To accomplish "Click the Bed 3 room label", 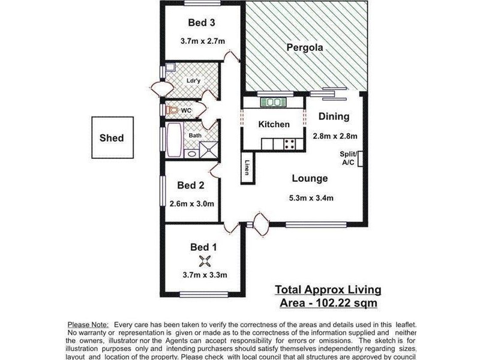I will [x=202, y=23].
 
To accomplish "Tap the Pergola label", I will [x=305, y=47].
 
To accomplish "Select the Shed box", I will [x=112, y=138].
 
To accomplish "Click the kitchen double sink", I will [x=274, y=103].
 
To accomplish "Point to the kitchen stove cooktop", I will [x=289, y=144].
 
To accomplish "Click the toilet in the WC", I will [x=173, y=110].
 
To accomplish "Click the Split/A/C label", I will [x=349, y=158].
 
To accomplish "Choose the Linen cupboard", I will [x=247, y=169].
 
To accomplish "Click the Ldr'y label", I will [x=193, y=80].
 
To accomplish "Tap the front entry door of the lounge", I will [x=262, y=226].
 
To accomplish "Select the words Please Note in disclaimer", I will [x=88, y=325].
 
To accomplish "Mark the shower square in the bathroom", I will [x=209, y=149].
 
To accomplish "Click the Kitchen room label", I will [x=274, y=125].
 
